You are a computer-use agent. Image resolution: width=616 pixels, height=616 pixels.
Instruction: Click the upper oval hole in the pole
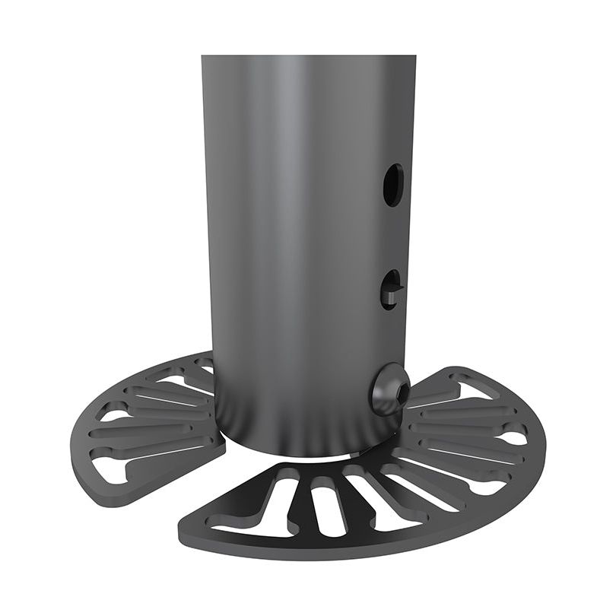[392, 185]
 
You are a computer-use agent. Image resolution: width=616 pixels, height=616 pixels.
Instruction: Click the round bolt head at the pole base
[389, 389]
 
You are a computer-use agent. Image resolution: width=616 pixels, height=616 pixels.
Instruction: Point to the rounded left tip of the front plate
[186, 529]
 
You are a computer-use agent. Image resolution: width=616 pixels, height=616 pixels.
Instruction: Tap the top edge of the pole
[308, 56]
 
